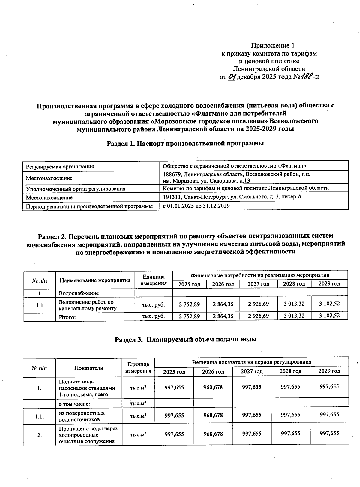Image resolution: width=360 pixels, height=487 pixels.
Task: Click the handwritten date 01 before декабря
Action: click(x=232, y=77)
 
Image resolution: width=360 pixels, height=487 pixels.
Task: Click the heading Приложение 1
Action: click(x=272, y=46)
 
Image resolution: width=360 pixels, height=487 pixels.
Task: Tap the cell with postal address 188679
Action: click(x=236, y=177)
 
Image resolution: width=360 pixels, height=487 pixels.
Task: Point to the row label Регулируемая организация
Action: click(x=60, y=166)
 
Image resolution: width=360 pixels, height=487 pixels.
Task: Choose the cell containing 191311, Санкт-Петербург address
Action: click(x=232, y=197)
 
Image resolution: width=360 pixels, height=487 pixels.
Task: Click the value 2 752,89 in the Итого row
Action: click(x=189, y=316)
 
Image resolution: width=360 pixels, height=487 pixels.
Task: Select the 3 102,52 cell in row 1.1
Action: click(x=329, y=304)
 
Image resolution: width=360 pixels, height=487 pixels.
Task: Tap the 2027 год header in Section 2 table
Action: click(x=258, y=284)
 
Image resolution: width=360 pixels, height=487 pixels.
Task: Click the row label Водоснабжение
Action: click(x=79, y=293)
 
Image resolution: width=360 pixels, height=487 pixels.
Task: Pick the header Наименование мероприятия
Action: click(x=95, y=280)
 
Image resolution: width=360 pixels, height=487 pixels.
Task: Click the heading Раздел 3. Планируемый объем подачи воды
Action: click(x=186, y=340)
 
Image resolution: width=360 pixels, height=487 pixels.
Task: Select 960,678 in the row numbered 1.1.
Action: click(x=213, y=415)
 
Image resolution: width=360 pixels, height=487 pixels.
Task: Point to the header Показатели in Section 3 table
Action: click(x=89, y=368)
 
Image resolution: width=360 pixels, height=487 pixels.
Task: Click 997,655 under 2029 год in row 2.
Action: click(x=329, y=433)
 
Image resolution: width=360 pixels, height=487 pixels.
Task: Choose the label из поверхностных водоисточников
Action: click(x=82, y=416)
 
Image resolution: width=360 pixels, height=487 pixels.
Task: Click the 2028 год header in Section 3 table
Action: click(x=290, y=371)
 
